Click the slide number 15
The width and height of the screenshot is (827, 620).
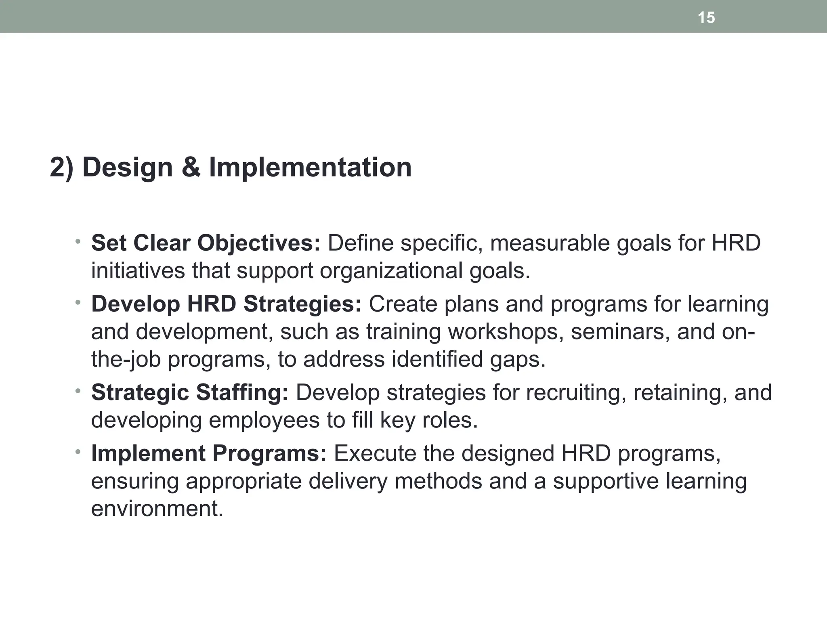706,18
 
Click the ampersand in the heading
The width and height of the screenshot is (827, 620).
191,167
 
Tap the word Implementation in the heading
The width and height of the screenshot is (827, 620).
310,167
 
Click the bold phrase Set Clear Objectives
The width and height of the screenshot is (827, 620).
206,243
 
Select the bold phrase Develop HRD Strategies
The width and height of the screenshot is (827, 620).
226,304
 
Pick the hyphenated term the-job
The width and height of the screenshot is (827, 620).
126,359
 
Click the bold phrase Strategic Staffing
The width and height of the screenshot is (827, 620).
190,392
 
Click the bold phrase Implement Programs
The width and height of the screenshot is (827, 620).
209,453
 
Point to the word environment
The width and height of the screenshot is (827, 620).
157,508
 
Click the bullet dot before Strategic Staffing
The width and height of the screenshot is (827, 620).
78,391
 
